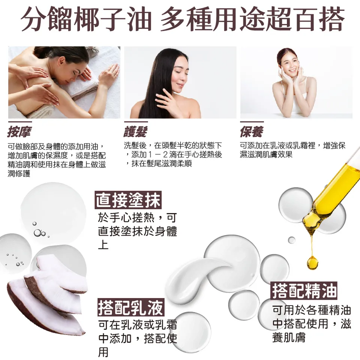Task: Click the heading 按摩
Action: pos(19,132)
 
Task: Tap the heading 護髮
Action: pos(135,132)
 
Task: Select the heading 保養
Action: pos(251,132)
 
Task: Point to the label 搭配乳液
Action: pos(130,308)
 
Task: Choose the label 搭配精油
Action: pos(304,291)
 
